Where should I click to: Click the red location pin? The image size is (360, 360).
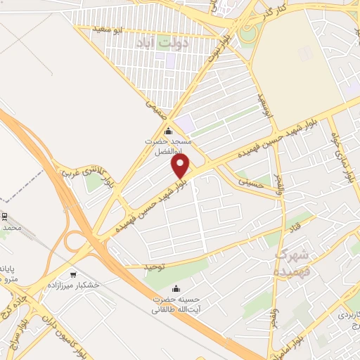(181, 166)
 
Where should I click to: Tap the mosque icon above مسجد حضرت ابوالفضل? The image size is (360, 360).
(167, 131)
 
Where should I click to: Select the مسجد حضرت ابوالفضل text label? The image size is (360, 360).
(168, 146)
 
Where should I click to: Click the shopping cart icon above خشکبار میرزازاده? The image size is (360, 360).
(73, 274)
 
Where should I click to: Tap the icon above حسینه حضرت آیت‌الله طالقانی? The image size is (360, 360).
(176, 288)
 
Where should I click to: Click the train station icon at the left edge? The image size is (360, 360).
(4, 216)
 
